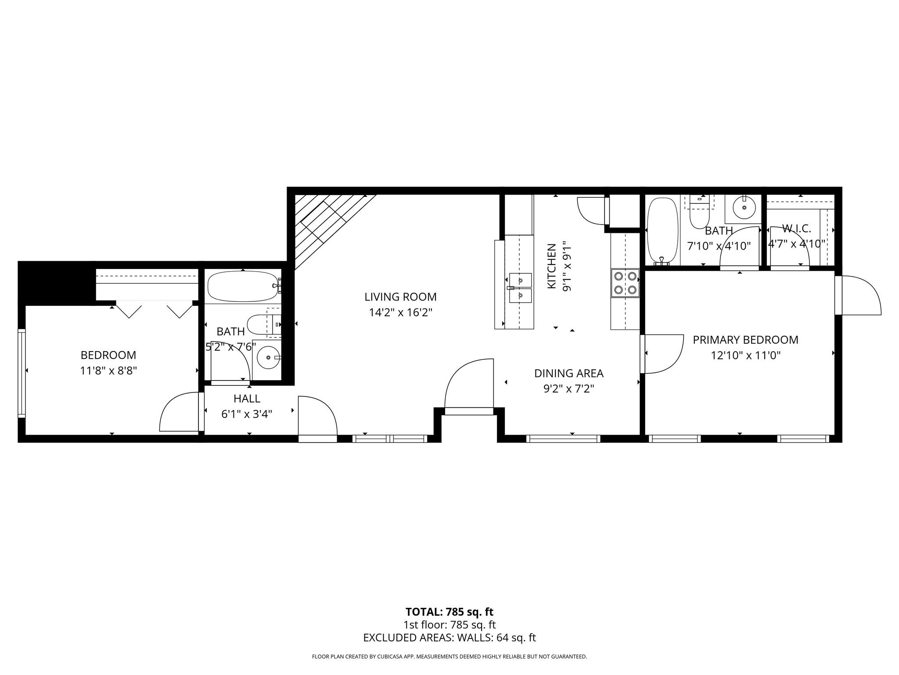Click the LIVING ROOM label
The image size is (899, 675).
click(x=400, y=297)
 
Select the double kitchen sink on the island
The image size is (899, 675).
click(x=520, y=288)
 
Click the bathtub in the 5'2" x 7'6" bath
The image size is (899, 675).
click(x=243, y=286)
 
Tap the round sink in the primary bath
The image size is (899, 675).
click(x=744, y=208)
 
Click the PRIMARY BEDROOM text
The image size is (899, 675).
click(x=745, y=340)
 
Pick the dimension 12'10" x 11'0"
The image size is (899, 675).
click(x=745, y=355)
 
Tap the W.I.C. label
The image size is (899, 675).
click(x=796, y=229)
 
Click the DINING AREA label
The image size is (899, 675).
click(x=568, y=374)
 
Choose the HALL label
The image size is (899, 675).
click(x=247, y=399)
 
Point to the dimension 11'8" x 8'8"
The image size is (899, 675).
click(x=108, y=371)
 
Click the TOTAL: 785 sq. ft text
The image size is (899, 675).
click(x=449, y=612)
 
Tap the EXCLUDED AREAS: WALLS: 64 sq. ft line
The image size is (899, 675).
click(x=449, y=638)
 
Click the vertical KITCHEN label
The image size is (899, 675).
click(x=552, y=266)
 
